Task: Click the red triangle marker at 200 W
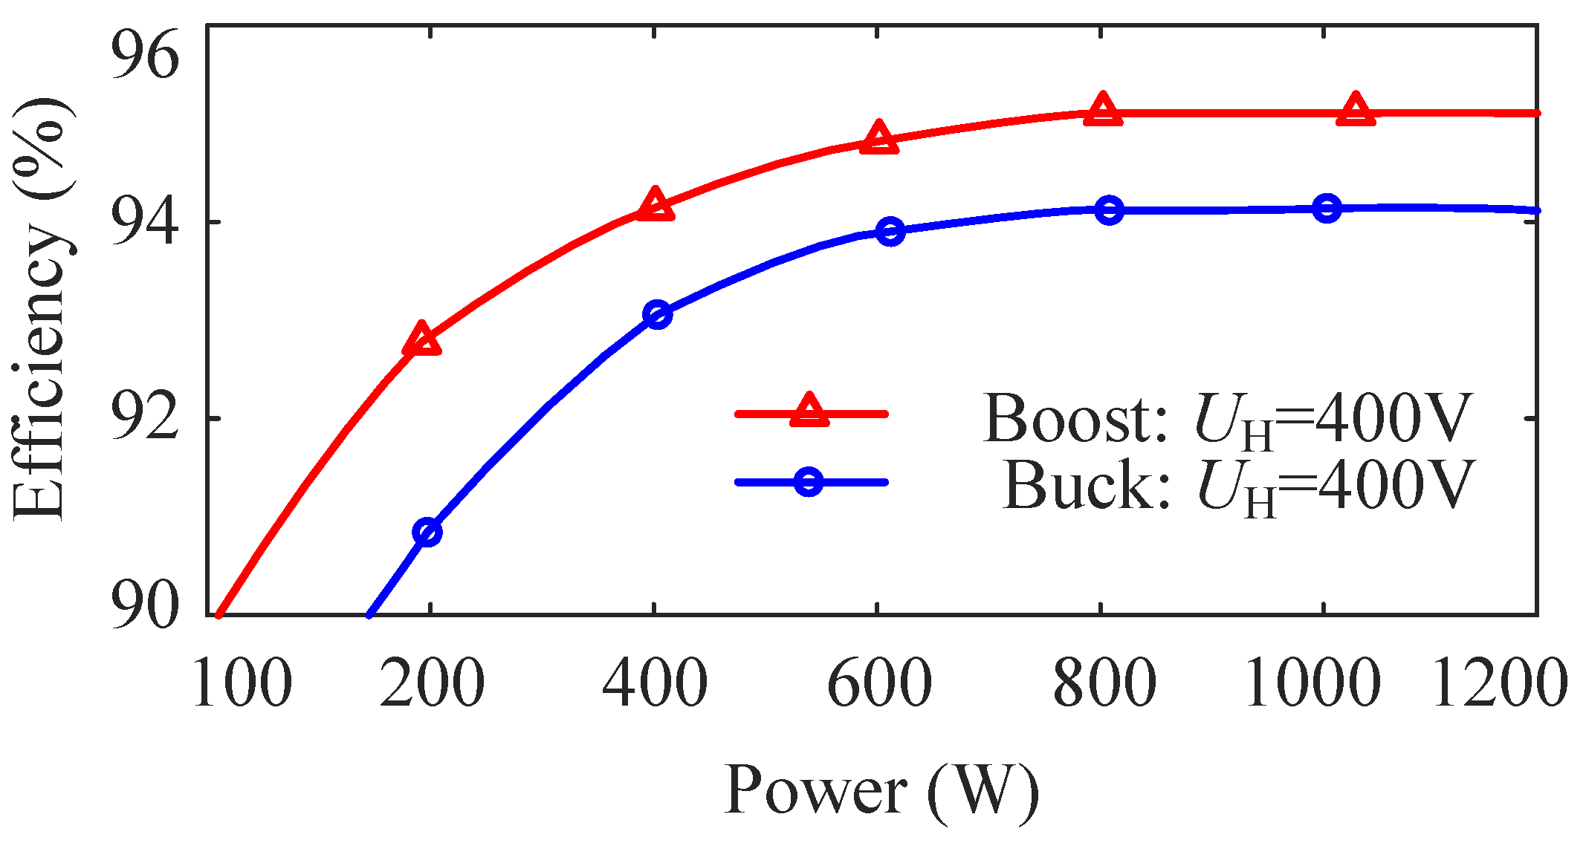click(x=421, y=341)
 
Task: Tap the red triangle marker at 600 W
click(x=878, y=139)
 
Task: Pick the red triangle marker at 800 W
click(x=1102, y=111)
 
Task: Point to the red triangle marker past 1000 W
click(x=1356, y=111)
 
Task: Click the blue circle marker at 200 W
click(x=427, y=533)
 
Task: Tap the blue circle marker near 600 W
click(x=890, y=231)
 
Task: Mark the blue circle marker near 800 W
click(x=1109, y=210)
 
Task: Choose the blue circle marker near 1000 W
click(x=1327, y=209)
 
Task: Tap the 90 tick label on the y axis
click(x=145, y=607)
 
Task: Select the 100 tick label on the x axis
click(x=242, y=683)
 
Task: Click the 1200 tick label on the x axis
click(x=1498, y=683)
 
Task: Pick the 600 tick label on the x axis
click(x=879, y=683)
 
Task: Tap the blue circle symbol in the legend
click(x=809, y=481)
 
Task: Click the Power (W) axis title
click(x=881, y=792)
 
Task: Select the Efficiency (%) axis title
click(x=45, y=308)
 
